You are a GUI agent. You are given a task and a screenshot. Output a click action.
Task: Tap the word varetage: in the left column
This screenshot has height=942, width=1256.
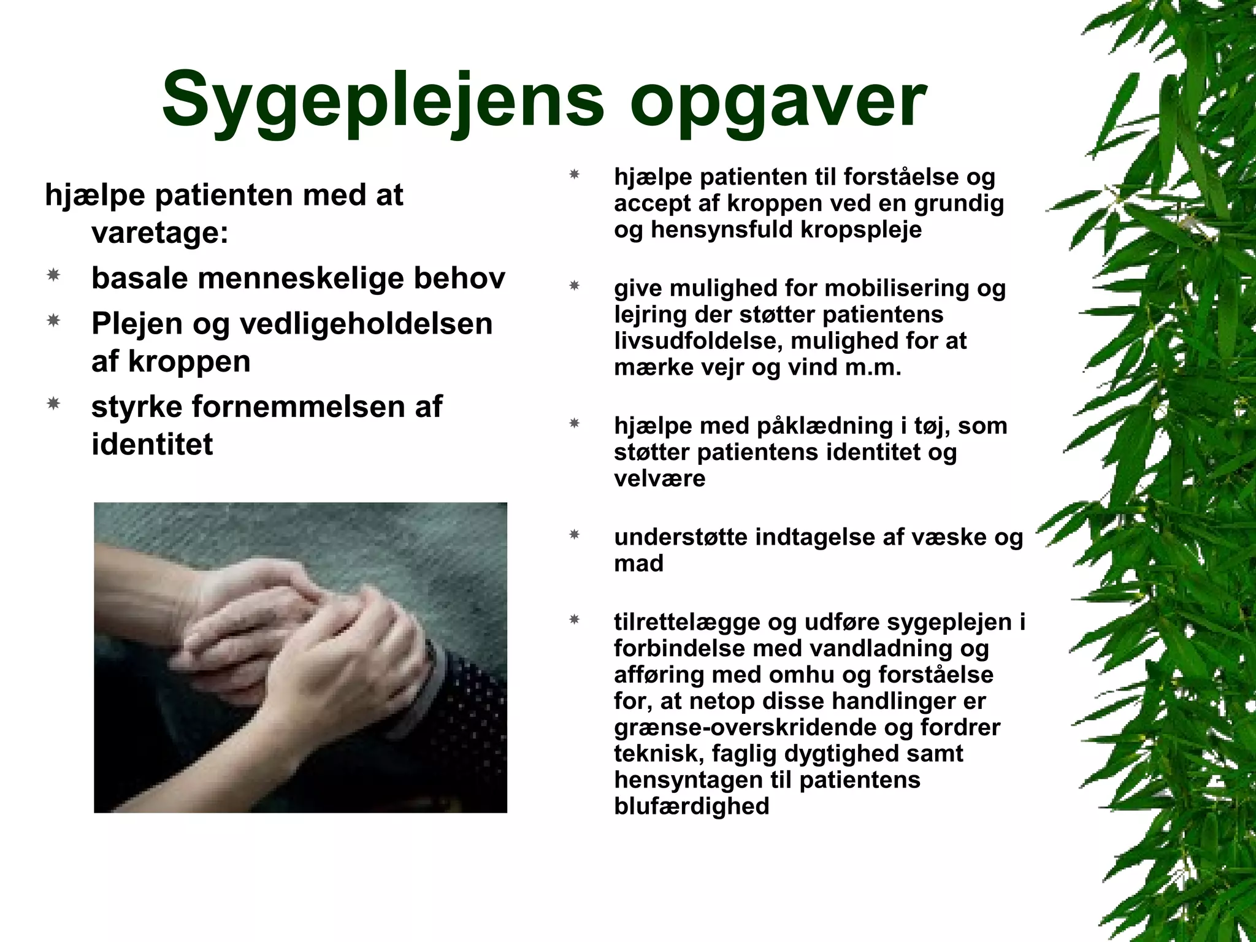point(159,233)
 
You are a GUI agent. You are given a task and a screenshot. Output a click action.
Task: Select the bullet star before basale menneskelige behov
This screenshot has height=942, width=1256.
point(53,276)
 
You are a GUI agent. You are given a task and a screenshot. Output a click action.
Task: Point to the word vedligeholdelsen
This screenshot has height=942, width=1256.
point(366,324)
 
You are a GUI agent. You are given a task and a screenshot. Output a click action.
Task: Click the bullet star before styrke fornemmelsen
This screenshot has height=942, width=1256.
point(53,404)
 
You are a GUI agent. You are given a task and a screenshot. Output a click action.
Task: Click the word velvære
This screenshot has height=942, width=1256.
point(660,478)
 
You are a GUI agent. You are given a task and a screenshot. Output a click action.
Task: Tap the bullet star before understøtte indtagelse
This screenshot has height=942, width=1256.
point(575,535)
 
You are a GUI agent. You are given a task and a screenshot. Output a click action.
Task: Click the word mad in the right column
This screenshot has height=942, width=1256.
point(638,563)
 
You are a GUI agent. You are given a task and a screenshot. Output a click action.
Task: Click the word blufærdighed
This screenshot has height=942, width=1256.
point(691,806)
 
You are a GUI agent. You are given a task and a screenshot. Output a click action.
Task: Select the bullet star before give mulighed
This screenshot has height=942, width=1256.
point(575,286)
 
